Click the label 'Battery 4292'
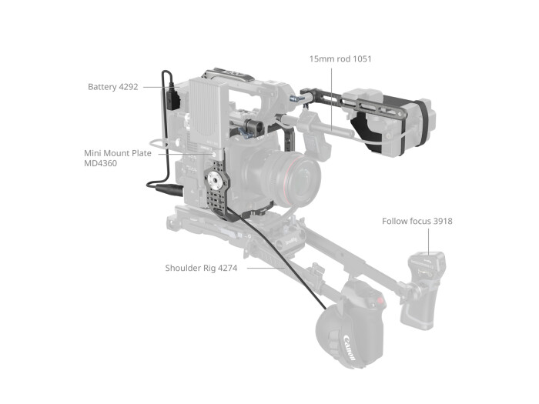pyautogui.click(x=112, y=87)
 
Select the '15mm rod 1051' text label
pyautogui.click(x=340, y=59)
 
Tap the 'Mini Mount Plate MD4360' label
pyautogui.click(x=117, y=159)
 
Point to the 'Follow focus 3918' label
pyautogui.click(x=417, y=222)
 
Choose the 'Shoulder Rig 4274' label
pyautogui.click(x=201, y=268)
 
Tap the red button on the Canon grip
pyautogui.click(x=375, y=301)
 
